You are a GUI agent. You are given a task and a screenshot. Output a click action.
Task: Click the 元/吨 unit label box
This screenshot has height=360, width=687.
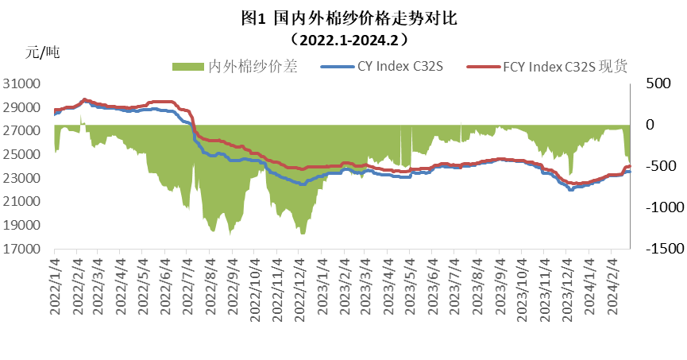(68, 53)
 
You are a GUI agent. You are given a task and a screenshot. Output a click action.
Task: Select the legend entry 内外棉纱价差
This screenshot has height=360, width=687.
(251, 67)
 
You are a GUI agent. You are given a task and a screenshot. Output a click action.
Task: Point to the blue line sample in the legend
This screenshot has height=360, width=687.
(334, 67)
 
